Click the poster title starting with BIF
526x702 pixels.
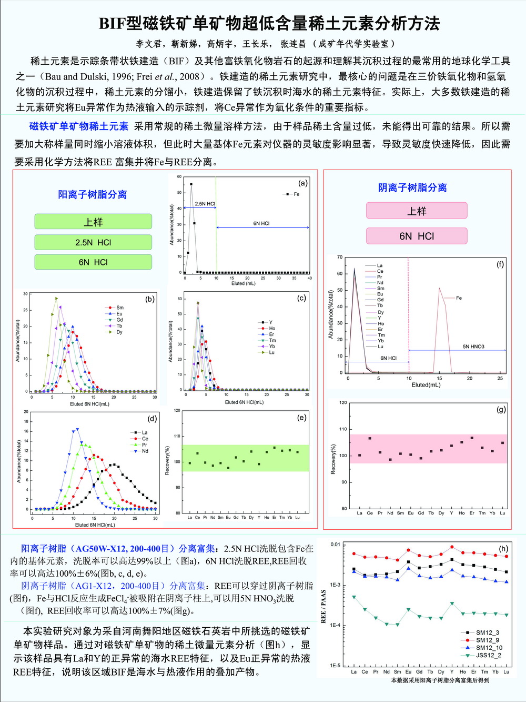coord(269,23)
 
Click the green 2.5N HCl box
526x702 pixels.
coord(93,242)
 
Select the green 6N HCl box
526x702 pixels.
coord(93,262)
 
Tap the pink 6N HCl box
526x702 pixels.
coord(417,236)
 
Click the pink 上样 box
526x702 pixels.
coord(417,211)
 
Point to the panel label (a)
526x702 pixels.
coord(303,183)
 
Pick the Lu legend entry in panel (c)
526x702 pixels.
coord(271,352)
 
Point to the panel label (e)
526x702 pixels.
coord(301,418)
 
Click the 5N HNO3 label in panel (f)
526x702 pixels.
coord(473,347)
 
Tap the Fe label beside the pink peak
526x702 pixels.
coord(459,298)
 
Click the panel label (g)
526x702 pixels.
coord(501,409)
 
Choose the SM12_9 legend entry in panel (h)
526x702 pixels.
coord(487,640)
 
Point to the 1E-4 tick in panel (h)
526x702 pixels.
coord(335,625)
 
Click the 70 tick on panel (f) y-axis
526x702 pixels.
coord(340,257)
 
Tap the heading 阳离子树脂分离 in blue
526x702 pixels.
coord(92,195)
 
